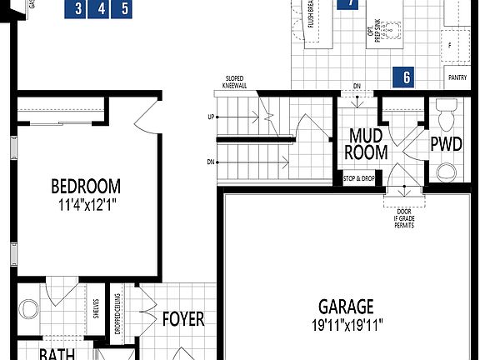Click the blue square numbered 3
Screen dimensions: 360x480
tap(77, 9)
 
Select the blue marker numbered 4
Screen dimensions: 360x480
tap(102, 9)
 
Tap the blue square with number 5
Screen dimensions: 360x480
tap(125, 9)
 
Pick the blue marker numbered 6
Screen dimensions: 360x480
tap(406, 77)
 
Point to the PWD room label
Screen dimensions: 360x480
tap(446, 143)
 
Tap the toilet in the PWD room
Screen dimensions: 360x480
tap(447, 113)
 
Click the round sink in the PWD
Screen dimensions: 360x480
tap(447, 172)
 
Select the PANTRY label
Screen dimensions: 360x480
tap(457, 77)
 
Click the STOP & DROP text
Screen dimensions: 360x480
tap(359, 178)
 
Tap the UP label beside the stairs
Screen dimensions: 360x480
tap(211, 117)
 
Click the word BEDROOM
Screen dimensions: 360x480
tap(85, 187)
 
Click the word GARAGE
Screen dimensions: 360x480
tap(346, 307)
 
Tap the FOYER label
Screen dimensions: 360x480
tap(183, 319)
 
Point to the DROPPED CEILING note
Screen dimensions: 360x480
tap(118, 313)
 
